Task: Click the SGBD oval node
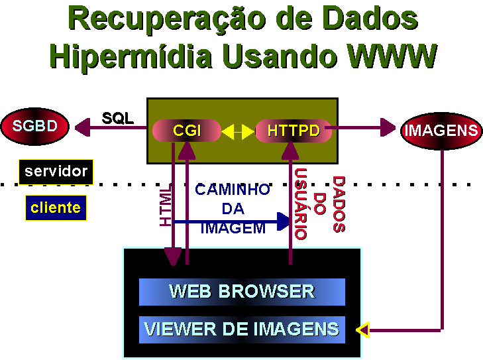(35, 125)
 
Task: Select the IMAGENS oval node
(441, 130)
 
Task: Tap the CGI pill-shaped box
(187, 131)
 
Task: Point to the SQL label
(118, 119)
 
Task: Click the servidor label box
(56, 171)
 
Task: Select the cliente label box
(56, 208)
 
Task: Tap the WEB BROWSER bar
(242, 292)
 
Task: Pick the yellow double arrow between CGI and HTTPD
(238, 132)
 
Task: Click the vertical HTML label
(166, 206)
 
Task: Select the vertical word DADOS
(339, 204)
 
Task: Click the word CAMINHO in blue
(233, 190)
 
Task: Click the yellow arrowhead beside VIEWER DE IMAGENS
(362, 330)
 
